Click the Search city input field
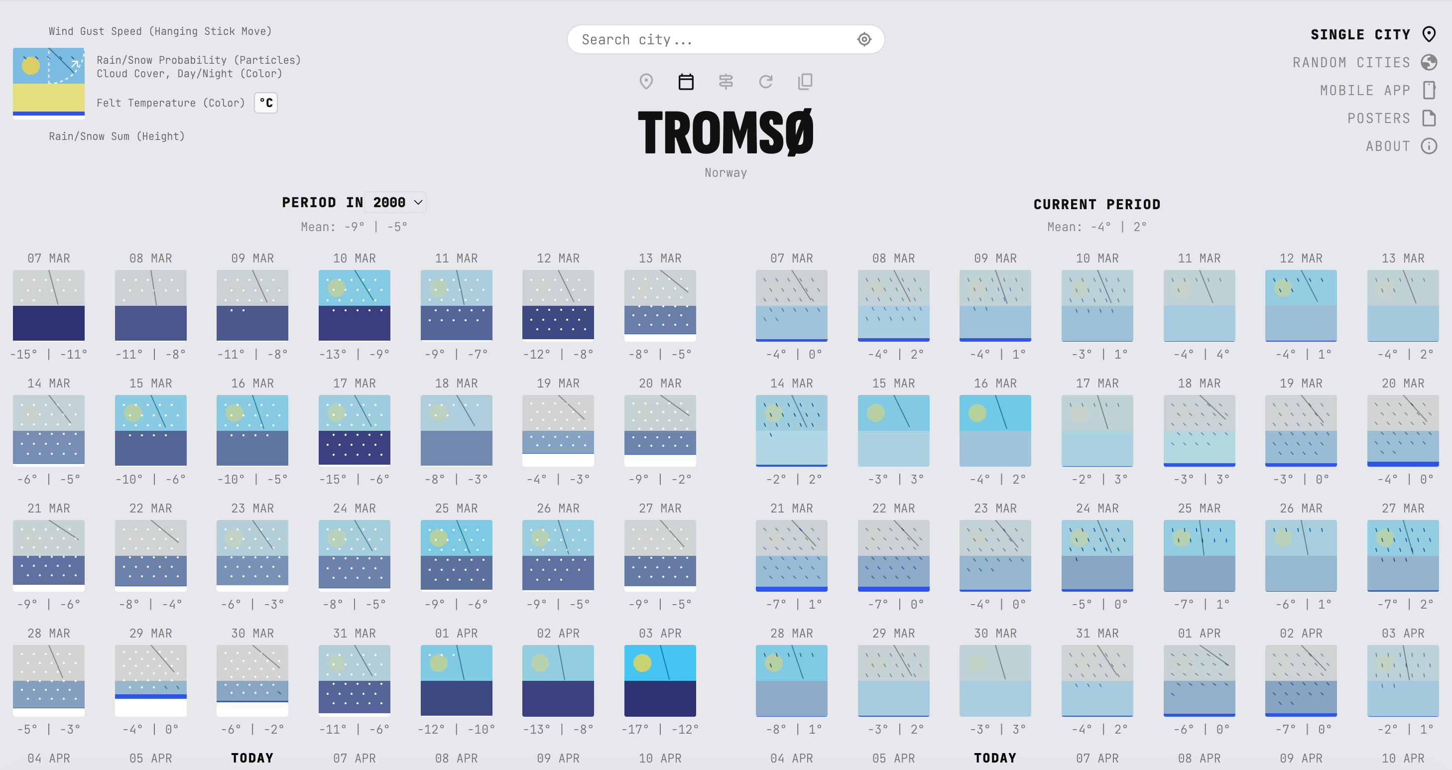(x=710, y=39)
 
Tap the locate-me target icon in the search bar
(x=864, y=39)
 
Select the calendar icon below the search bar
(x=686, y=82)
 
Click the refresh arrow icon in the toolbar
(x=765, y=82)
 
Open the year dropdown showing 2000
(x=396, y=202)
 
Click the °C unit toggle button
(x=266, y=103)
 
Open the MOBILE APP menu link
(x=1365, y=90)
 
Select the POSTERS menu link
(x=1378, y=119)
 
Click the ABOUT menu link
(x=1387, y=146)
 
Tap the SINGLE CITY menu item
(x=1360, y=35)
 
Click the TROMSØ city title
(x=726, y=132)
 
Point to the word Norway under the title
(x=726, y=172)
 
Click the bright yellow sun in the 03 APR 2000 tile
(x=642, y=662)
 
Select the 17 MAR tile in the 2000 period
(x=355, y=430)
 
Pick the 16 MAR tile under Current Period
(x=995, y=430)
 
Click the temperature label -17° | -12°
(x=659, y=730)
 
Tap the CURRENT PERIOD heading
(x=1096, y=204)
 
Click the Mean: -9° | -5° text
(x=354, y=227)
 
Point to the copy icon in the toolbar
(x=805, y=82)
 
